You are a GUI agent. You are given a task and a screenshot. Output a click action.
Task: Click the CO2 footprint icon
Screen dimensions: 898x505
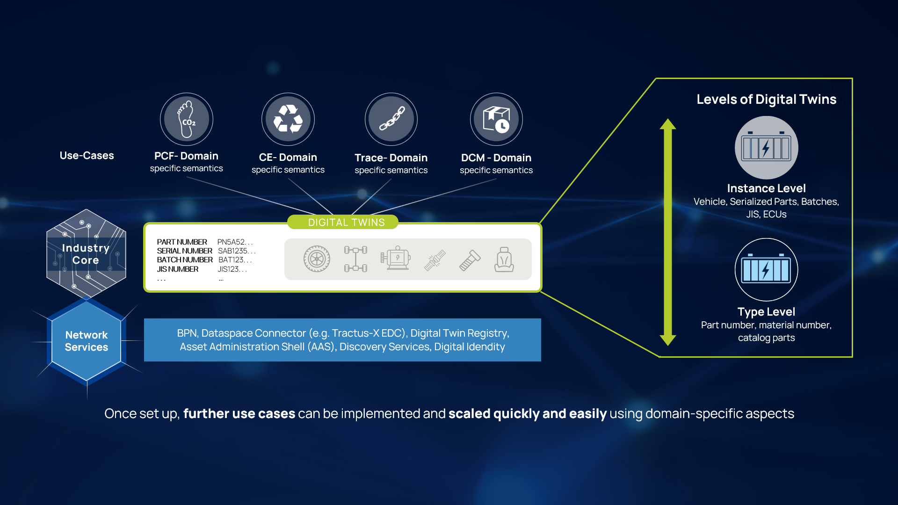click(187, 119)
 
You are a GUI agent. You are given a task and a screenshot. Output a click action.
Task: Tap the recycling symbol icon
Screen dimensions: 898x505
click(288, 119)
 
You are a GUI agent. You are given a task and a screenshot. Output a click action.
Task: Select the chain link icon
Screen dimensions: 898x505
click(391, 119)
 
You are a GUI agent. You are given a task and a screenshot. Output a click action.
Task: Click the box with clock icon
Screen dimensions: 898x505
click(496, 119)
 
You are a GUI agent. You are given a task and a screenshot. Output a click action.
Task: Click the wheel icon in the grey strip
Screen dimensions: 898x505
click(317, 259)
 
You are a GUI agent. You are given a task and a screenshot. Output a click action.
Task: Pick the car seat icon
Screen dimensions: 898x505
click(504, 260)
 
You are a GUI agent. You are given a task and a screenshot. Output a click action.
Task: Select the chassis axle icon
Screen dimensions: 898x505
click(355, 259)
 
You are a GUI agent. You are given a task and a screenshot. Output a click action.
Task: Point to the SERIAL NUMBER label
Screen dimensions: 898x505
click(184, 251)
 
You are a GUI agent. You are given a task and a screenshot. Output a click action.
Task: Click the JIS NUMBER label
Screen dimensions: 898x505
click(178, 269)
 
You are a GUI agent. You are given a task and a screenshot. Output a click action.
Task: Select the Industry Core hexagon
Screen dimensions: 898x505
click(86, 253)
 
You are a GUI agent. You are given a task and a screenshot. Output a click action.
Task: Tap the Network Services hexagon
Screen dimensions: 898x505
click(86, 341)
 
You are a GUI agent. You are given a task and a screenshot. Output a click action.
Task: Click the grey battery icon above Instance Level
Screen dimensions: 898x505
click(766, 148)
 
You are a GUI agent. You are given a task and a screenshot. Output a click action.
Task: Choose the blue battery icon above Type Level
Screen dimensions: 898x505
click(766, 270)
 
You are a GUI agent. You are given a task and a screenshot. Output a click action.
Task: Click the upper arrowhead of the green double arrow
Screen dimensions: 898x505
click(668, 124)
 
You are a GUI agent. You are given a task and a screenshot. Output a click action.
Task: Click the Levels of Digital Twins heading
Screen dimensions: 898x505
click(766, 99)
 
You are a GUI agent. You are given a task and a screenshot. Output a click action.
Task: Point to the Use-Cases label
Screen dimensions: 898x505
click(87, 155)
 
